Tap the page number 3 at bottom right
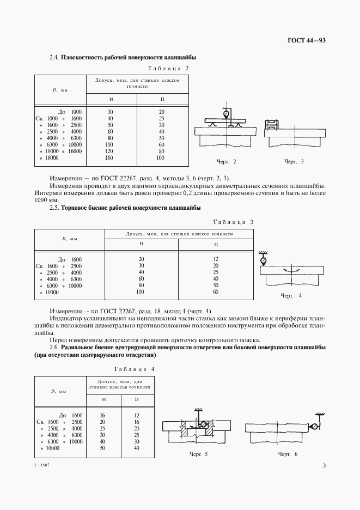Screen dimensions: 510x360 (324, 465)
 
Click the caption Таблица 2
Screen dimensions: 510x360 (168, 68)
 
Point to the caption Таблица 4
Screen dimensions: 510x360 (134, 369)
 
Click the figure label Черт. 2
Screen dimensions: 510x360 (227, 162)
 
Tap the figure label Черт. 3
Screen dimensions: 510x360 (294, 162)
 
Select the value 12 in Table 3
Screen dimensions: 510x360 (216, 259)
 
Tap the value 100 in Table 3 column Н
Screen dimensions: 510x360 (141, 292)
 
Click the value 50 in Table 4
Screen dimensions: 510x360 (103, 448)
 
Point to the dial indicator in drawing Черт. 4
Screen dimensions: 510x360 (264, 261)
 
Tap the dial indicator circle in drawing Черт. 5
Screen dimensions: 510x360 (203, 424)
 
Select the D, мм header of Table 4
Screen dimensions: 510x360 (59, 391)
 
